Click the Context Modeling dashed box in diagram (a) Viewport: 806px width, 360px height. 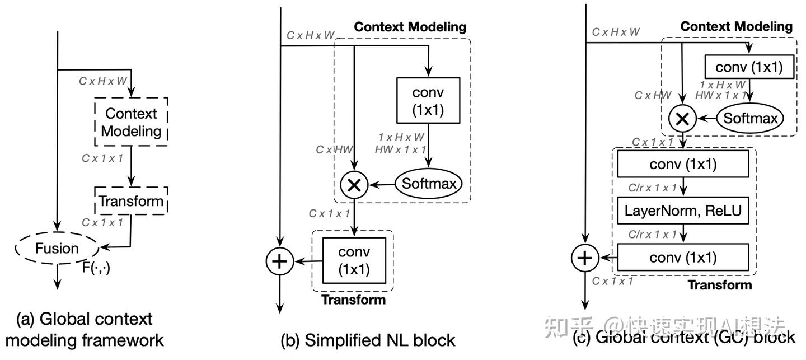point(131,122)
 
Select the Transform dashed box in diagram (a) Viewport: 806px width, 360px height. point(131,200)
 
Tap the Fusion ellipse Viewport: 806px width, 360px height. point(57,247)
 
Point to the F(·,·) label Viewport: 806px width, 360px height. point(96,268)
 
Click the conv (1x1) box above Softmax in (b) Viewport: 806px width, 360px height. point(428,100)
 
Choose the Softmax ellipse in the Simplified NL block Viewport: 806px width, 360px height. point(430,183)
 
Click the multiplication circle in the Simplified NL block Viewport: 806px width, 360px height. point(354,185)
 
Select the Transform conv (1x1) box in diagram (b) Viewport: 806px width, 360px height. point(354,261)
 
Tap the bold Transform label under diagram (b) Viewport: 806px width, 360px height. point(353,300)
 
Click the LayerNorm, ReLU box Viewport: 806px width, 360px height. point(683,211)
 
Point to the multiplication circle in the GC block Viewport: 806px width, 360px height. point(683,118)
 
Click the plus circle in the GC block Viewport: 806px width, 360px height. point(585,258)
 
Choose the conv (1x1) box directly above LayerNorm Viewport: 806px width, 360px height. point(683,165)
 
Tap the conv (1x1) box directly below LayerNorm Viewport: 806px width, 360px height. point(683,258)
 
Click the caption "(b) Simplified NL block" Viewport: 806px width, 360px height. point(368,340)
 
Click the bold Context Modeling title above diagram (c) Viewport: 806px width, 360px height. point(736,26)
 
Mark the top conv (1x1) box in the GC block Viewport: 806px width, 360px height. point(749,68)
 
